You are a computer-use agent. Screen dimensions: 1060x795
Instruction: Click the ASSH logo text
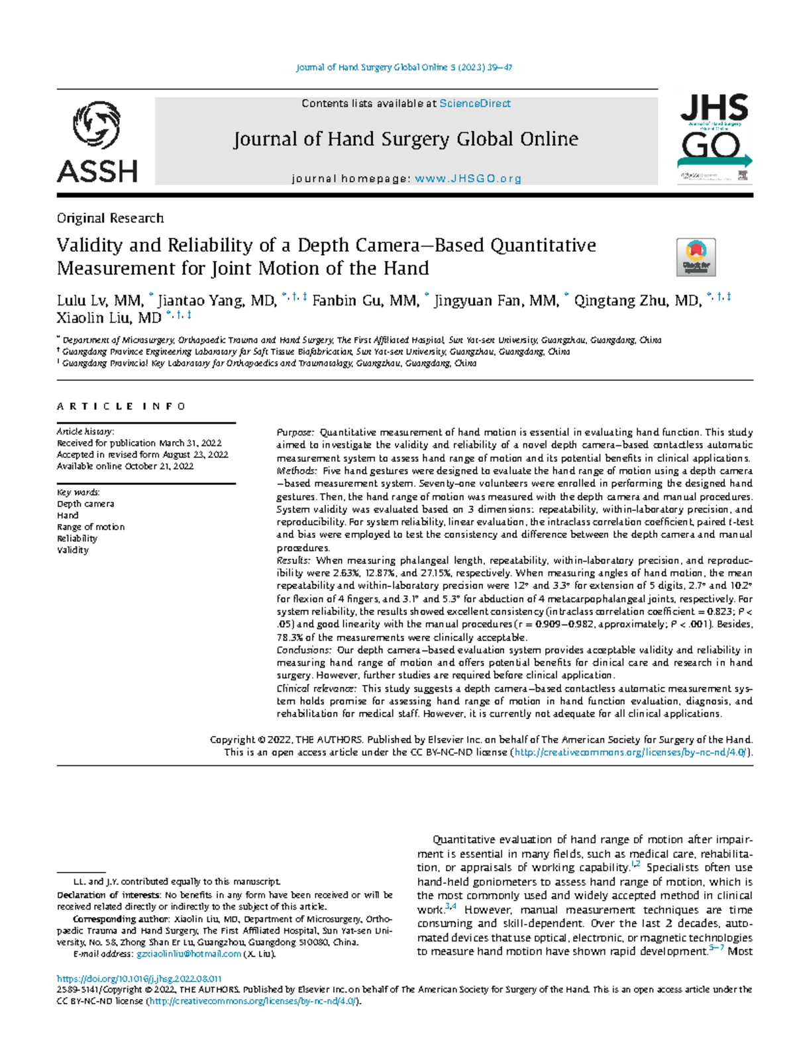97,172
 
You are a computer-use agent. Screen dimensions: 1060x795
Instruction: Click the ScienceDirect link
475,103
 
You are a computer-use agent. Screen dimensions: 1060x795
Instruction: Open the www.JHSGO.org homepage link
468,179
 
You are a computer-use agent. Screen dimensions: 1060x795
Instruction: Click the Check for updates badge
696,257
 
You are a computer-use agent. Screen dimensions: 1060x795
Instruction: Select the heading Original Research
110,218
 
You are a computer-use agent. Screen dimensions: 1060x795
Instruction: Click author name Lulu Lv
83,301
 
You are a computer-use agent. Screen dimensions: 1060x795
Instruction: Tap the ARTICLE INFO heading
121,406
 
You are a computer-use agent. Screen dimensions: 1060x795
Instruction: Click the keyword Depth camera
85,504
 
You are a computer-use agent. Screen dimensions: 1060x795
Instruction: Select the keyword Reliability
77,539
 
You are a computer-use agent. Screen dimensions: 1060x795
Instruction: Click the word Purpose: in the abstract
296,433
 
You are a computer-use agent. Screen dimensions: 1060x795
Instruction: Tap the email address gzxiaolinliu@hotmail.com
188,954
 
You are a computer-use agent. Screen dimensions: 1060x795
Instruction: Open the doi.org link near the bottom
138,979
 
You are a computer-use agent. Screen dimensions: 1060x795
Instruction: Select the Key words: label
78,492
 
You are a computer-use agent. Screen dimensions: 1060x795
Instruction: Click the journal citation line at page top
403,68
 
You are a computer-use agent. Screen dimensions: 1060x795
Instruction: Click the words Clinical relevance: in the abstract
316,689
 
